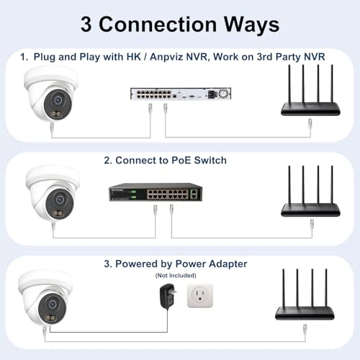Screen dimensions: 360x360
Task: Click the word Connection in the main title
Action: [158, 24]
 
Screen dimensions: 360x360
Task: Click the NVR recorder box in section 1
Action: [181, 94]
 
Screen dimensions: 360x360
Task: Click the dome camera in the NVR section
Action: [51, 94]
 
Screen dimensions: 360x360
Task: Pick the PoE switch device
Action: [156, 192]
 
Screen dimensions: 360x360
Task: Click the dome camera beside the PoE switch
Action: [53, 193]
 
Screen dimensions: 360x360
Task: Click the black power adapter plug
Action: [168, 295]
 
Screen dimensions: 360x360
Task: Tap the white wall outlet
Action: [200, 296]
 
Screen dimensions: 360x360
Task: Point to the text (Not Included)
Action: [176, 275]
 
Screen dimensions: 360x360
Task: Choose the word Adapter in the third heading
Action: [228, 264]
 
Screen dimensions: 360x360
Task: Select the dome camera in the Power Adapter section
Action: [45, 297]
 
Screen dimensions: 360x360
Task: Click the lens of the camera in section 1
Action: [58, 100]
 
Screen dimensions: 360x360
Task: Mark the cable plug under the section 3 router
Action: [305, 330]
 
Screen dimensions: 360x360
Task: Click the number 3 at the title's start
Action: [86, 24]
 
